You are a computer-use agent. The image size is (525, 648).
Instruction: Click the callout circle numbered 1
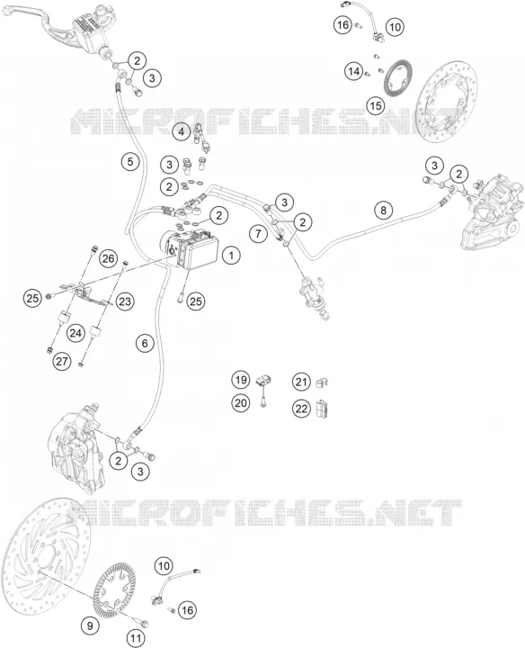231,256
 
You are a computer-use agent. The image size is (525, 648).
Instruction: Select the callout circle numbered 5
130,161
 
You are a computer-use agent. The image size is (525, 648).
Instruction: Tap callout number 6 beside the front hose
145,343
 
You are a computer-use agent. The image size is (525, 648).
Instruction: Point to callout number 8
384,211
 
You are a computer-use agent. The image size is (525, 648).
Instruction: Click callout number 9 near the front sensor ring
90,625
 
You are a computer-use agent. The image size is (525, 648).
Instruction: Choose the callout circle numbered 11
136,639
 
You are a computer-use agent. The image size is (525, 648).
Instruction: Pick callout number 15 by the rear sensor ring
375,106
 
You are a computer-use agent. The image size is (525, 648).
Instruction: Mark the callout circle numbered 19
241,380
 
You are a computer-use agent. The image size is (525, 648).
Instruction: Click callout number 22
301,409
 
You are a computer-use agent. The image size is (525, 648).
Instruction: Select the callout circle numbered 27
62,362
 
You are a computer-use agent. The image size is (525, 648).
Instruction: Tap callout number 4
181,132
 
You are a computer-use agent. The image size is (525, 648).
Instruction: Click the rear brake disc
445,102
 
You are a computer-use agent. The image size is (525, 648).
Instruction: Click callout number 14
353,71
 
